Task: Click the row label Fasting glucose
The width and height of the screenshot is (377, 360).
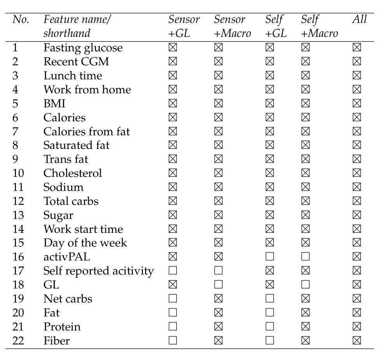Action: [83, 48]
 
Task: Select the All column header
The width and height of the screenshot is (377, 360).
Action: [360, 19]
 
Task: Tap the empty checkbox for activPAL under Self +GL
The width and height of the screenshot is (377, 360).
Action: [269, 257]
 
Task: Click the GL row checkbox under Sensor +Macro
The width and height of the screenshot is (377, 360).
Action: [218, 285]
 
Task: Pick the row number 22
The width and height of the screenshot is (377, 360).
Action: [18, 341]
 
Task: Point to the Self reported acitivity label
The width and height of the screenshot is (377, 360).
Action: [99, 271]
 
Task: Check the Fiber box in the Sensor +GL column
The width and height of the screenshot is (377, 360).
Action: [173, 340]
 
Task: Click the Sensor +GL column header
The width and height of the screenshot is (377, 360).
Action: [184, 26]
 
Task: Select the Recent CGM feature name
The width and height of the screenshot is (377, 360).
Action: [76, 61]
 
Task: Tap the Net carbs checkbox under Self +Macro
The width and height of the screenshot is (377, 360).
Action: [305, 299]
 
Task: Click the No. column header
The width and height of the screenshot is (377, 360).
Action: [21, 19]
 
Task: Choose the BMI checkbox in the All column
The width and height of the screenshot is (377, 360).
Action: [356, 103]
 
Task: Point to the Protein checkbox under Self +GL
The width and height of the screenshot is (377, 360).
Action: [269, 326]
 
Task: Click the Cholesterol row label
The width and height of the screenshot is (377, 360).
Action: [73, 173]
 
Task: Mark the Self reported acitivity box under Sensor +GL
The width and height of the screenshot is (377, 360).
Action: [173, 271]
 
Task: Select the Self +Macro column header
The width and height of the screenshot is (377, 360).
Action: [319, 26]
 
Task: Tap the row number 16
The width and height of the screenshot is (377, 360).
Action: [18, 257]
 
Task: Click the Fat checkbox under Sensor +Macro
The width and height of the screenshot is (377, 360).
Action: [218, 313]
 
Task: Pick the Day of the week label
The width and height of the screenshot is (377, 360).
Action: [86, 243]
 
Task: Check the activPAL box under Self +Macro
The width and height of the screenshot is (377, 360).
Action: [305, 257]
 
